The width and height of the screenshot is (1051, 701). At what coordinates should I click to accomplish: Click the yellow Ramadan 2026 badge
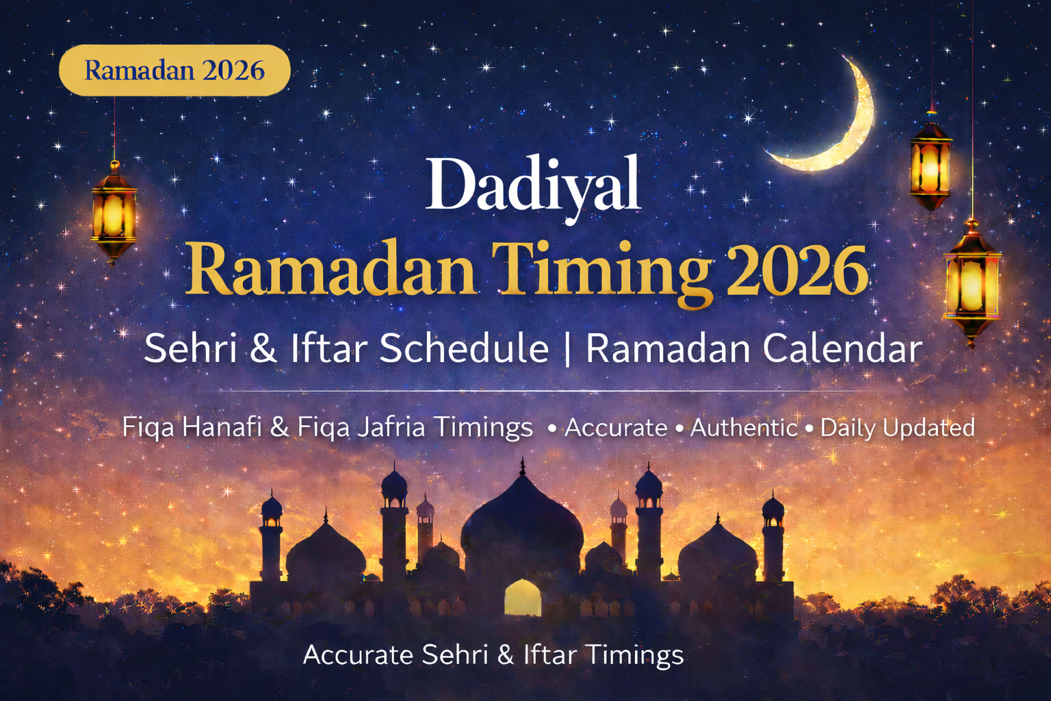point(174,70)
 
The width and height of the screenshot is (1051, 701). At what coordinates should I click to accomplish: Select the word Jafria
point(391,427)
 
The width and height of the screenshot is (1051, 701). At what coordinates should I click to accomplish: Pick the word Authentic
point(744,428)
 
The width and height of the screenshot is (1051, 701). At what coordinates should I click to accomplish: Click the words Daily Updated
point(897,428)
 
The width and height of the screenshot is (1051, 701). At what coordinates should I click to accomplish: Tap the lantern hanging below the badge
point(114,212)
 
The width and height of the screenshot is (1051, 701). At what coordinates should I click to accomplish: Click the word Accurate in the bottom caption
point(358,655)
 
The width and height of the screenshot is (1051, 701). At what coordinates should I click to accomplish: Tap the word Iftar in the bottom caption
point(549,655)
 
